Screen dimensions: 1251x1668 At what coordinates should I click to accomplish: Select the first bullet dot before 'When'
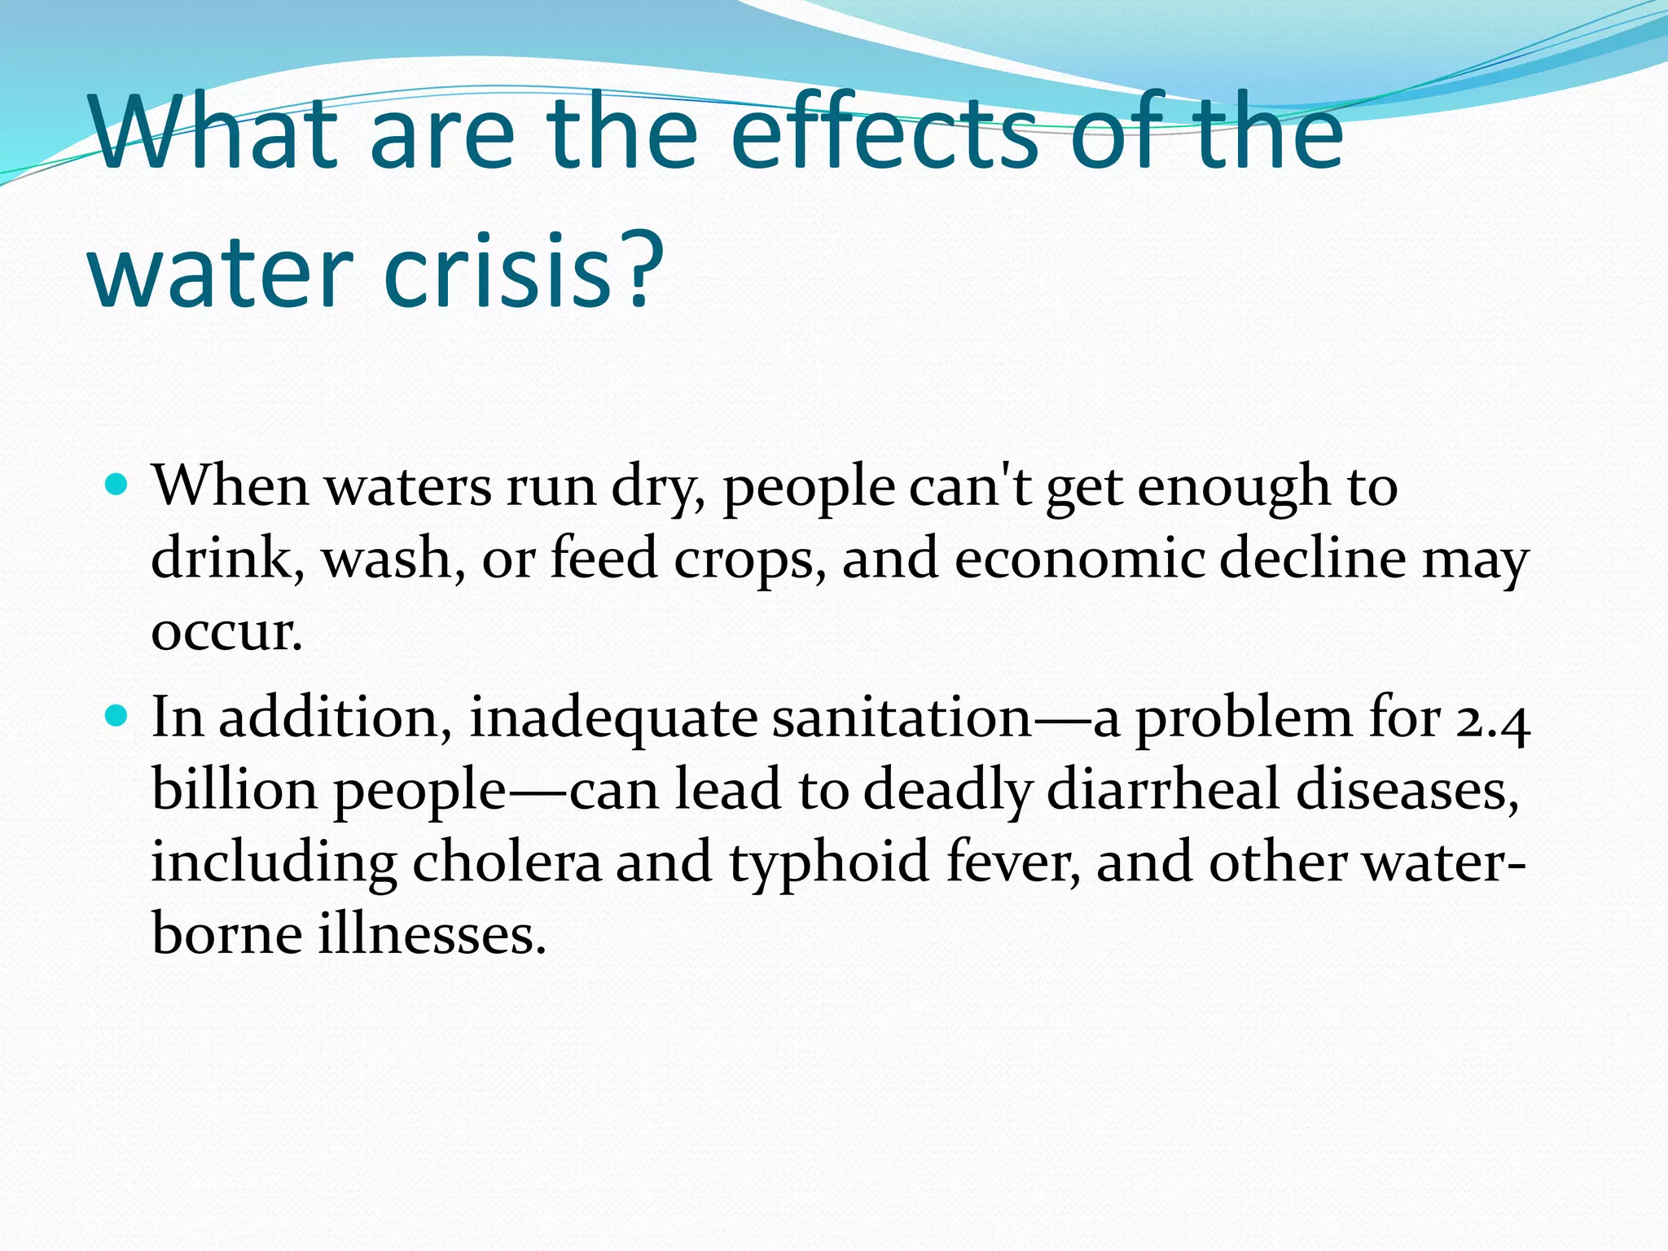pyautogui.click(x=118, y=485)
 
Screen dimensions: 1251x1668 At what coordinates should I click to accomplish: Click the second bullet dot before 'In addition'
pyautogui.click(x=118, y=717)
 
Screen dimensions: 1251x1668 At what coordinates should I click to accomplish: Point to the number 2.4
pyautogui.click(x=1492, y=720)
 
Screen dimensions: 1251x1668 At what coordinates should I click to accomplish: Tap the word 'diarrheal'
pyautogui.click(x=1163, y=790)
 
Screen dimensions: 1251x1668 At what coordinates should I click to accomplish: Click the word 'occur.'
pyautogui.click(x=226, y=631)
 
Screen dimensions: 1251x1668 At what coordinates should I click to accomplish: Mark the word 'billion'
pyautogui.click(x=235, y=790)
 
